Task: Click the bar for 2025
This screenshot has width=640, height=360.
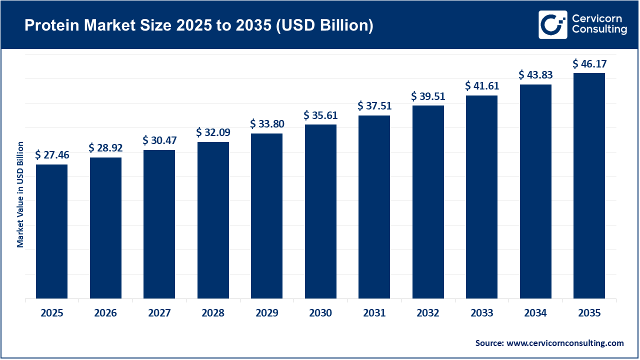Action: tap(51, 231)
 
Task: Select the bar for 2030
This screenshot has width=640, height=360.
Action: tap(320, 211)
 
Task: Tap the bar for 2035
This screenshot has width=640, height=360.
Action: tap(589, 186)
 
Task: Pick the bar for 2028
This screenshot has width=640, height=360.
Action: tap(213, 220)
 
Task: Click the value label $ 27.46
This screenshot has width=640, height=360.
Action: tap(52, 155)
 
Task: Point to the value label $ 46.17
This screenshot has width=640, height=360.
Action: tap(589, 64)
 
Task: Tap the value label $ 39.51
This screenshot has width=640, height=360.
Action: tap(428, 96)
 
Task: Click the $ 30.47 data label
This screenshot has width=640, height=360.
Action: tap(159, 140)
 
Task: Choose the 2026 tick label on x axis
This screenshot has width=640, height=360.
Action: tap(105, 313)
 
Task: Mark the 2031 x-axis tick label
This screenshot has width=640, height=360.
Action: tap(374, 313)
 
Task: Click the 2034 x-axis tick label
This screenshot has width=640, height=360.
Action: tap(535, 313)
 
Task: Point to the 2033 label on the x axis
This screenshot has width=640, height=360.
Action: tap(481, 313)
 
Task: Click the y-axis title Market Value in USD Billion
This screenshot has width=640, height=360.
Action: tap(20, 194)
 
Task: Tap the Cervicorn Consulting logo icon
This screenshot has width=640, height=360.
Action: tap(552, 24)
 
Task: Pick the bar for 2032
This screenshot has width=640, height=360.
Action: tap(428, 202)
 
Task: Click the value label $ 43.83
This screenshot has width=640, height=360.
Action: tap(535, 74)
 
